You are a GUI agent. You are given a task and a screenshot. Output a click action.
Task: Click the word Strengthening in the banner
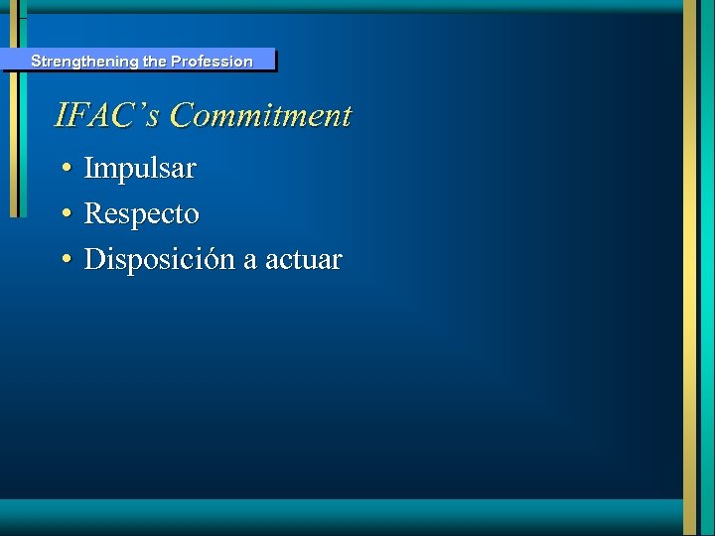click(83, 62)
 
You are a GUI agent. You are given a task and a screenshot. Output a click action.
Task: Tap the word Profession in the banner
click(212, 62)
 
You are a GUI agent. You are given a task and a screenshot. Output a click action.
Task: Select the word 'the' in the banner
click(155, 62)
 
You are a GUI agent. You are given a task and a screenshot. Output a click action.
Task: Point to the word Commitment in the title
click(260, 115)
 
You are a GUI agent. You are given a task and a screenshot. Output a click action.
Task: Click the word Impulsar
click(140, 169)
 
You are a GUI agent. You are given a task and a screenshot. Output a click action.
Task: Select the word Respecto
click(142, 214)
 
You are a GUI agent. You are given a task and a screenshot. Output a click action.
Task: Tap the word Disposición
click(159, 260)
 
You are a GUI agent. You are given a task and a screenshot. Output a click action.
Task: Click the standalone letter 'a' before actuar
click(249, 262)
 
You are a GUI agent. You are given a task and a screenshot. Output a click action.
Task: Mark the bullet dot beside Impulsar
click(64, 170)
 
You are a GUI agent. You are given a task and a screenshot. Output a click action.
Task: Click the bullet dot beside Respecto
click(64, 215)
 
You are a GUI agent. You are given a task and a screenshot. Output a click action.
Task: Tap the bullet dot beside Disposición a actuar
click(64, 261)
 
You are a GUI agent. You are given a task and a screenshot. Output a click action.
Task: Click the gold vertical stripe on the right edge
click(691, 268)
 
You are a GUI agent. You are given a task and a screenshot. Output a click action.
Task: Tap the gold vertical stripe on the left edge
click(14, 119)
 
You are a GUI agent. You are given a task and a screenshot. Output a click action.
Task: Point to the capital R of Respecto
click(93, 214)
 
